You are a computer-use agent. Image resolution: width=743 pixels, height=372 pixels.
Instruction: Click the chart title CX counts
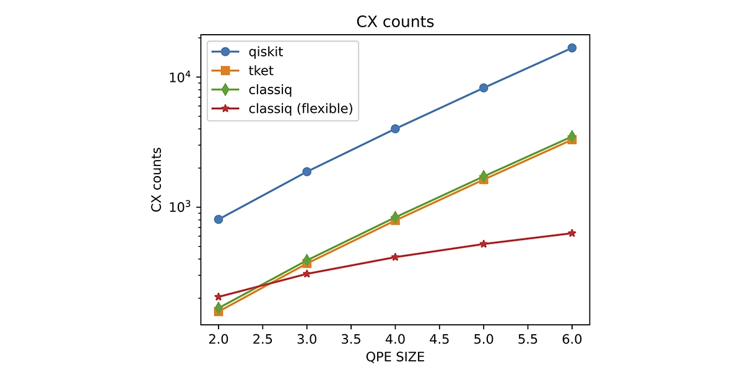click(395, 22)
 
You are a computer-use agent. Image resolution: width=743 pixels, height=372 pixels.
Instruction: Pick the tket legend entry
click(261, 71)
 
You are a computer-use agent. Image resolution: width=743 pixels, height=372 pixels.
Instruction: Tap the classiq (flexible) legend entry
click(300, 108)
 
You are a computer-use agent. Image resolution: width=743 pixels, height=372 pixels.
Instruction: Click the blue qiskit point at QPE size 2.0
click(219, 219)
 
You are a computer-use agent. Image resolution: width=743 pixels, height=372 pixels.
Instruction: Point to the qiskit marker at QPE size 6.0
click(572, 48)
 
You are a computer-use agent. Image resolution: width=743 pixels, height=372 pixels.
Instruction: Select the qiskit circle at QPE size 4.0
click(395, 129)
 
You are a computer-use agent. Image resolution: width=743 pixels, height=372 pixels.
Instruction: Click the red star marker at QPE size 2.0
click(219, 297)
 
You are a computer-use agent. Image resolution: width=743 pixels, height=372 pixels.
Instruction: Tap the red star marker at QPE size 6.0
click(572, 233)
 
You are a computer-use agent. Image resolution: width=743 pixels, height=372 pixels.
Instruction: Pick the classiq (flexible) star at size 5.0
click(484, 244)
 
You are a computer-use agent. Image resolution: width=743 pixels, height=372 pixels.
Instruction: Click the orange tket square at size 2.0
click(219, 311)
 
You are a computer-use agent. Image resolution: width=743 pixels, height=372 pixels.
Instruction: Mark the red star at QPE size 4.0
click(395, 257)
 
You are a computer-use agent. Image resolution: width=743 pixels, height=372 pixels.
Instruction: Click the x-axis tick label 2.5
click(263, 340)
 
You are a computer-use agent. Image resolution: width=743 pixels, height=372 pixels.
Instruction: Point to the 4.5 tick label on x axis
click(439, 340)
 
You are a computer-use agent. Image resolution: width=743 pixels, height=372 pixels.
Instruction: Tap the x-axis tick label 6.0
click(572, 340)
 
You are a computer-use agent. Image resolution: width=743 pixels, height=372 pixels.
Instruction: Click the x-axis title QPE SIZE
click(395, 358)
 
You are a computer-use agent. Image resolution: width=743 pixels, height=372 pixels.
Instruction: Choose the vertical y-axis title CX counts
click(157, 180)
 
